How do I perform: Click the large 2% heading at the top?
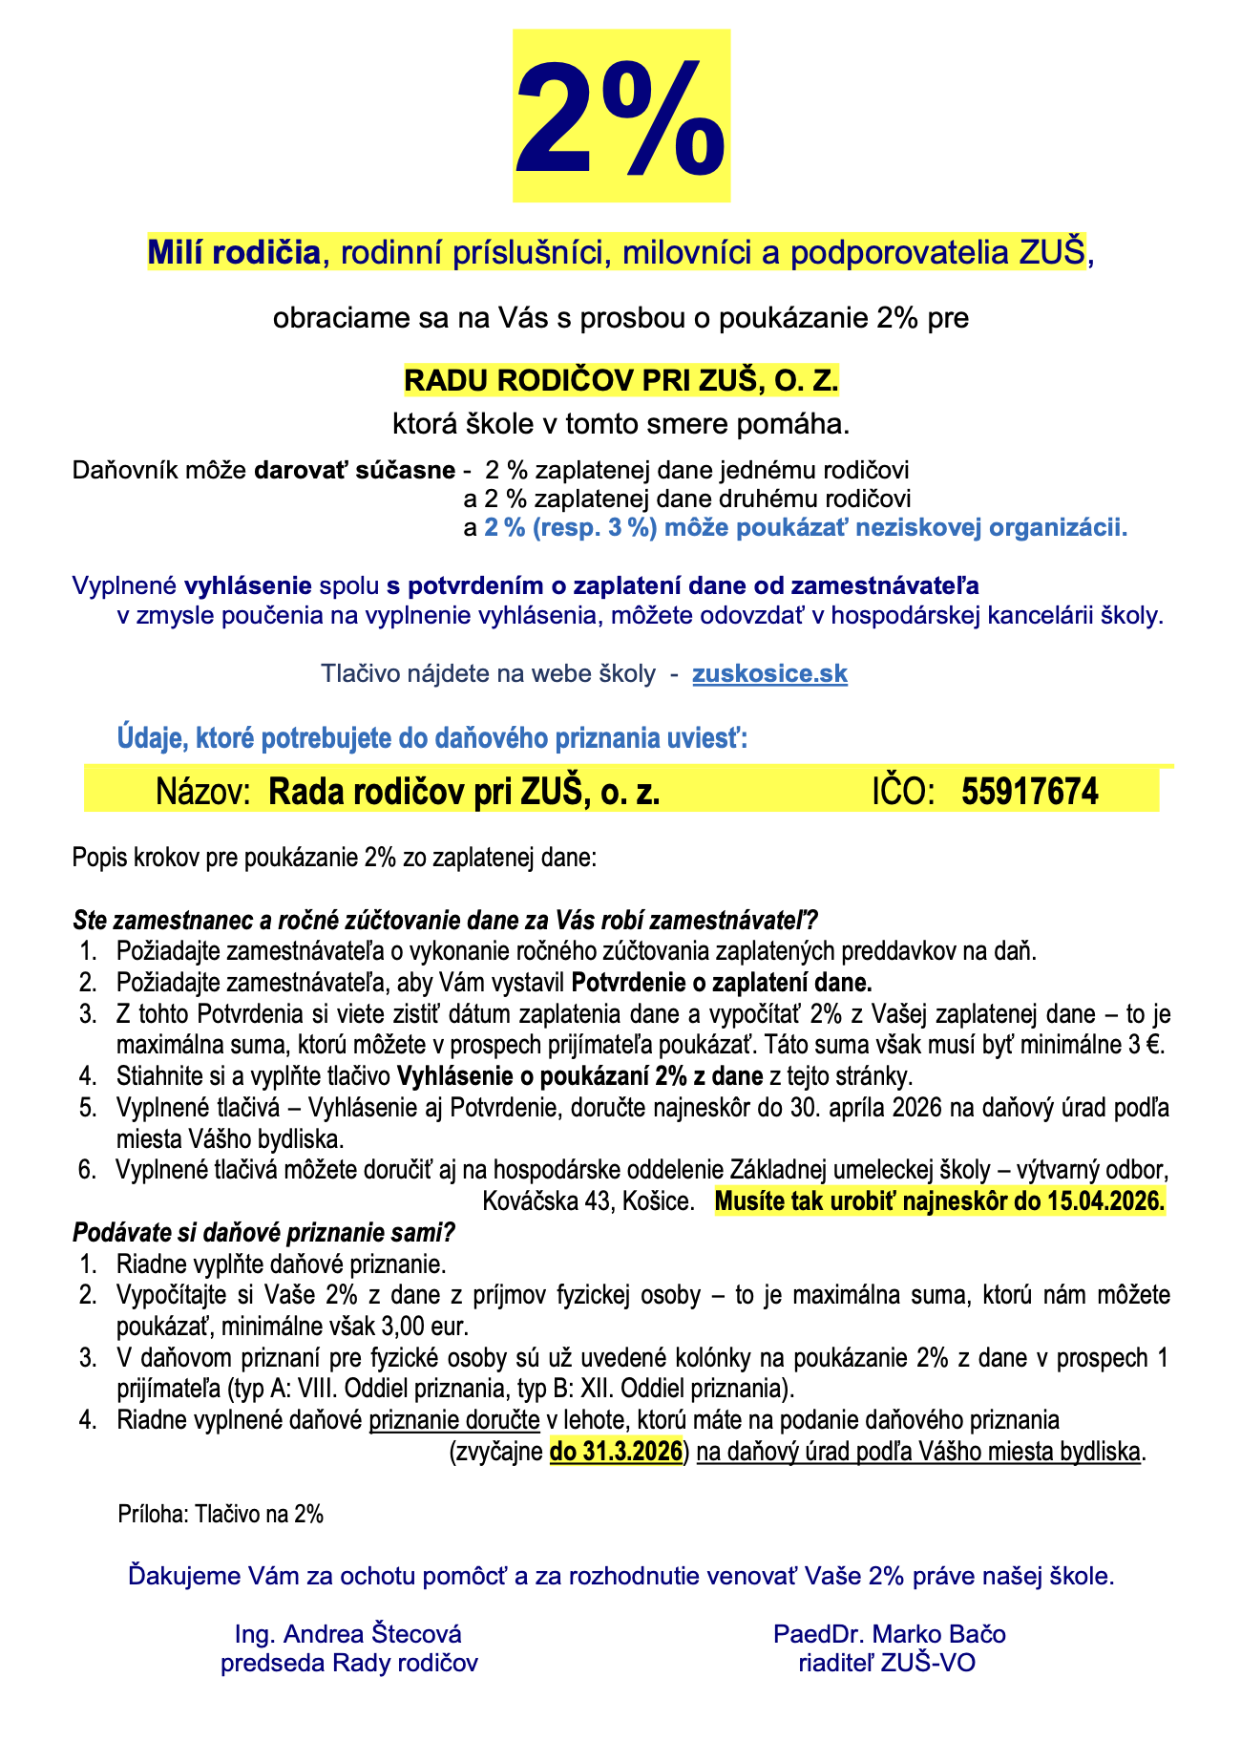click(x=621, y=117)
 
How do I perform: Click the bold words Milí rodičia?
click(x=234, y=253)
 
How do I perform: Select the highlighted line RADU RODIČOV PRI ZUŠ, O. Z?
click(x=621, y=380)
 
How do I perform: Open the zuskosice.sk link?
click(x=769, y=673)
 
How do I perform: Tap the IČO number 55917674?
click(x=1030, y=791)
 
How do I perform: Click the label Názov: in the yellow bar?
click(x=202, y=791)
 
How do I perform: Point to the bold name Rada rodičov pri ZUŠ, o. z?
click(x=464, y=791)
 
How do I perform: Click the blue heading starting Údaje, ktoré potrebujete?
click(x=431, y=738)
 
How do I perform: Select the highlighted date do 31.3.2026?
click(x=617, y=1452)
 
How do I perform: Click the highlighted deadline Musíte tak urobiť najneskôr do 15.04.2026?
click(x=939, y=1200)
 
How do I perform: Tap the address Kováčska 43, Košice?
click(x=588, y=1200)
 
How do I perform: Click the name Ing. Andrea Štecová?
click(x=348, y=1634)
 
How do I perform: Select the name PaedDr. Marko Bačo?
click(x=890, y=1634)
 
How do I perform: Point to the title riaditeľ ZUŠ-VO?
click(x=887, y=1663)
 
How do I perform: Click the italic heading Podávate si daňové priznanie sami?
click(x=264, y=1232)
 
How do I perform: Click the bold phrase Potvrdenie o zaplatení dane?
click(x=722, y=982)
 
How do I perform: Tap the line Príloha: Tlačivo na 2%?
click(x=221, y=1514)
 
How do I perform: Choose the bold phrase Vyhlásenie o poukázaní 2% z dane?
click(x=580, y=1076)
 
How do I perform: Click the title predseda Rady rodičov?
click(x=348, y=1663)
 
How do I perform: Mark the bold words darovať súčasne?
click(x=354, y=471)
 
